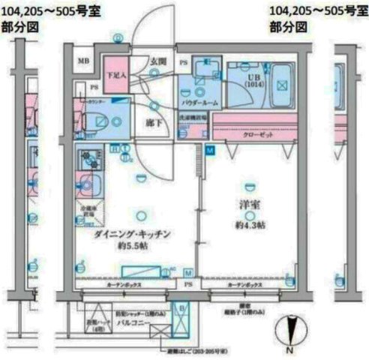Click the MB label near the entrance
point(85,61)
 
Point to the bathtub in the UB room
point(281,83)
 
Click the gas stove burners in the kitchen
point(90,159)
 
